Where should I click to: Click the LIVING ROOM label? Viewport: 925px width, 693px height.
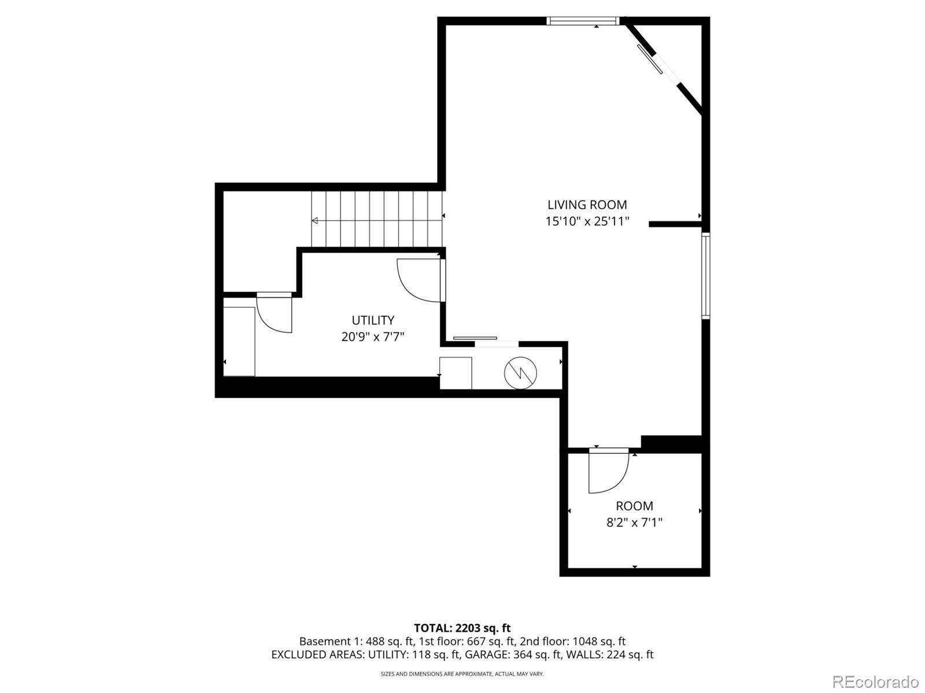[x=587, y=205]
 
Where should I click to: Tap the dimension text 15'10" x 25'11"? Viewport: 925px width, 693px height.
[x=587, y=221]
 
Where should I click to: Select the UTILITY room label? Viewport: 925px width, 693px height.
[x=373, y=320]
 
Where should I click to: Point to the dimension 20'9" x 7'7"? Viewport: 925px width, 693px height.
[x=372, y=336]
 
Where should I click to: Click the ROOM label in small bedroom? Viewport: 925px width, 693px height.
[x=634, y=506]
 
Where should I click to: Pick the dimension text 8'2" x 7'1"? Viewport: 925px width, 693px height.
[x=634, y=522]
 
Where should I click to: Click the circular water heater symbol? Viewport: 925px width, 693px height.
[x=520, y=373]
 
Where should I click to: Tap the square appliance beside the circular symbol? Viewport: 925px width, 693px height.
[x=456, y=373]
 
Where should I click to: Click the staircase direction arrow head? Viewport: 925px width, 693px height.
[x=315, y=220]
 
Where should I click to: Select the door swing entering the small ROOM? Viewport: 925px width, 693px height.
[x=607, y=471]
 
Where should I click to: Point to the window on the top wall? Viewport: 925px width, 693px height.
[x=583, y=21]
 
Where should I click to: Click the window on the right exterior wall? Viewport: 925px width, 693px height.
[x=706, y=276]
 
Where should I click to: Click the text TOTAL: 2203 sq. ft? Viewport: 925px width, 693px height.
[x=462, y=628]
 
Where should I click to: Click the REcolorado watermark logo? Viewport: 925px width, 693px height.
[x=875, y=681]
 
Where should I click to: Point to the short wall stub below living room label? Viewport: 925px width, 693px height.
[x=674, y=224]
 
